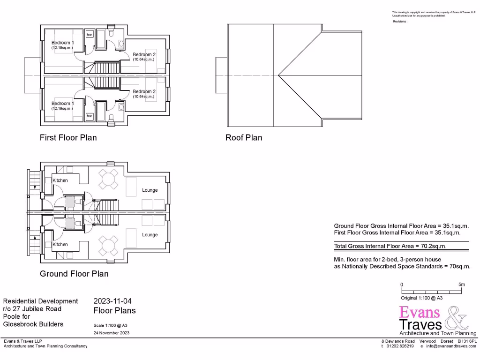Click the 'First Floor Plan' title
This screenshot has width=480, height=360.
click(68, 138)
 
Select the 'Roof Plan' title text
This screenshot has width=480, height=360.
click(244, 138)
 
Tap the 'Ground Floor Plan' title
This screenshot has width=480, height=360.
click(74, 274)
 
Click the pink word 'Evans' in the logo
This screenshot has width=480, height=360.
click(420, 313)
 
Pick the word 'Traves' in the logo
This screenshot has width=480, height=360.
click(420, 324)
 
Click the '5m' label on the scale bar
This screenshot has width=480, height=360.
click(461, 285)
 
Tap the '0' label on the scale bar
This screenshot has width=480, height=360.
click(402, 285)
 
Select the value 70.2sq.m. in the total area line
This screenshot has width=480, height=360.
click(431, 246)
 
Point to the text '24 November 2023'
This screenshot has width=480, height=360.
click(112, 333)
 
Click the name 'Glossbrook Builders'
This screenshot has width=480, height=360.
click(33, 324)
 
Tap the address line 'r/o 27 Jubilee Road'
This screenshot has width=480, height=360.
click(32, 309)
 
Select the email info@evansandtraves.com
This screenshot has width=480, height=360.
click(450, 346)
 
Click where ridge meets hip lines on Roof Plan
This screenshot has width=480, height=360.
click(278, 75)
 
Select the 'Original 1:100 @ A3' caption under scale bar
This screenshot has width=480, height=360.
click(422, 298)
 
